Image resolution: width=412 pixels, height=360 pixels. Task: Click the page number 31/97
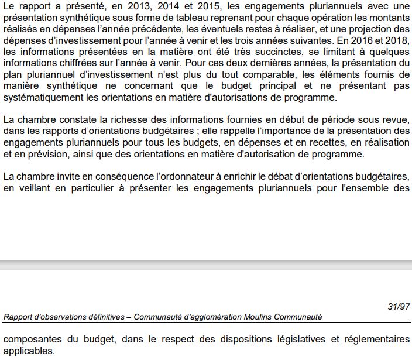399,306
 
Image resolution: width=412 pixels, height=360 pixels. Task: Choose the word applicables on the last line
28,351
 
